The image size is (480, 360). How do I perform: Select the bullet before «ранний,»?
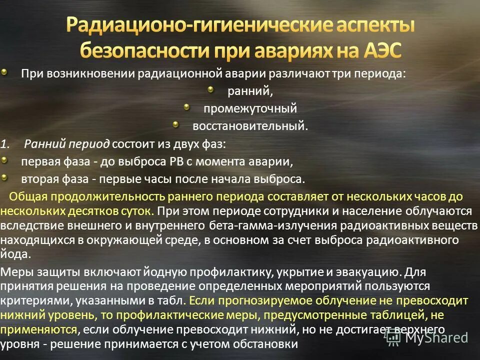(x=211, y=90)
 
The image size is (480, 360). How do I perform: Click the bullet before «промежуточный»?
(x=186, y=107)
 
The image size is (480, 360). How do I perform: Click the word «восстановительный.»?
(x=250, y=126)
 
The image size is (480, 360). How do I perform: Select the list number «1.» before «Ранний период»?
(x=5, y=144)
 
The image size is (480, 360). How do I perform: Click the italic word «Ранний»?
(x=45, y=144)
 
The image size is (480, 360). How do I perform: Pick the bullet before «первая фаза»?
(x=4, y=160)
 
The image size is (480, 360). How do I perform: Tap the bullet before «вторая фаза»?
(x=4, y=177)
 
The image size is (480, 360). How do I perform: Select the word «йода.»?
(x=16, y=254)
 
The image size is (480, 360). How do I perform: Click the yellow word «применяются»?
(x=39, y=330)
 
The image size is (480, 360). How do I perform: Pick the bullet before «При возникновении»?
(x=4, y=72)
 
